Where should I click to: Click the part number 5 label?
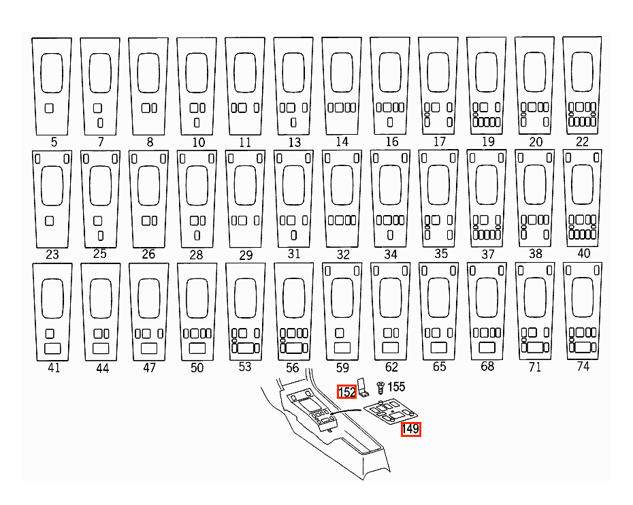tap(54, 142)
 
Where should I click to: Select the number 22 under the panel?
tap(582, 142)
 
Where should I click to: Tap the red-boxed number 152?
tap(346, 392)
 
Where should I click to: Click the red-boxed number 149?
tap(410, 429)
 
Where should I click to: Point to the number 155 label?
tap(396, 387)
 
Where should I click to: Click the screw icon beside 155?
tap(380, 387)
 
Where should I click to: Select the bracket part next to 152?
tap(363, 387)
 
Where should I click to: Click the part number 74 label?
tap(583, 366)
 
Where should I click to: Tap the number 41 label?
tap(54, 368)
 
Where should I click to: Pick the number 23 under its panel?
tap(52, 255)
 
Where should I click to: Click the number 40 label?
tap(584, 253)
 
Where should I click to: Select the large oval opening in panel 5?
tap(52, 73)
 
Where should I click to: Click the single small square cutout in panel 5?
tap(49, 108)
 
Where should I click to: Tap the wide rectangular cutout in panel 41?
tap(52, 348)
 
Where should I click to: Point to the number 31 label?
tap(294, 253)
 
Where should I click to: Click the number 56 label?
tap(292, 368)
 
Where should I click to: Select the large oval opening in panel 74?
tap(583, 297)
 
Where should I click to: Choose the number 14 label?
tap(342, 142)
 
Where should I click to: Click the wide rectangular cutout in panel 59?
tap(342, 348)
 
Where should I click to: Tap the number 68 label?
tap(487, 366)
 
